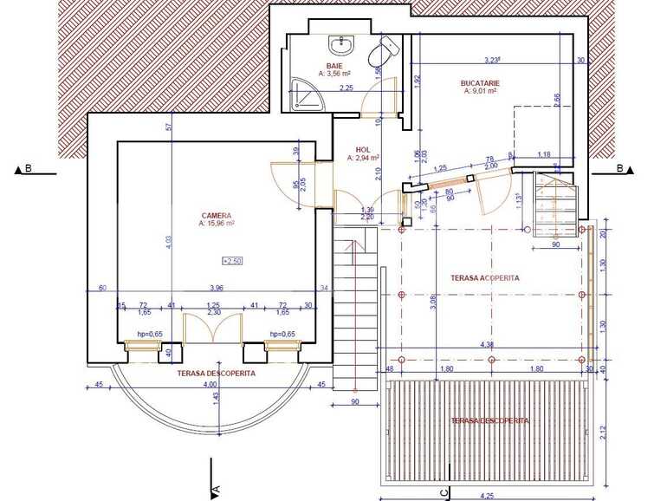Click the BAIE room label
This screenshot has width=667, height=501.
tap(333, 66)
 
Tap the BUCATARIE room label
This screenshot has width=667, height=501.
tap(481, 83)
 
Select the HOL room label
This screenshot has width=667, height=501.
tap(362, 149)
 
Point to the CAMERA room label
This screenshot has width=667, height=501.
tap(216, 215)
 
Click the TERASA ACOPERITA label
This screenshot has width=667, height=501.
tap(485, 278)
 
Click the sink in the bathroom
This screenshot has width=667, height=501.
tap(339, 44)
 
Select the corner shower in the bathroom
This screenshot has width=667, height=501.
tap(303, 92)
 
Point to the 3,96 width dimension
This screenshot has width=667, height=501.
tap(216, 288)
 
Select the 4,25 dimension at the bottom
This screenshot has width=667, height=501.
tap(488, 496)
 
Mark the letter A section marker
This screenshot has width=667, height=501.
tap(216, 491)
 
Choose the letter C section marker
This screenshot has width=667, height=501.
tap(444, 492)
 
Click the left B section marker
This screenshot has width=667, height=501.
tap(27, 169)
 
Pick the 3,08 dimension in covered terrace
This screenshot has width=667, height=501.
tap(432, 302)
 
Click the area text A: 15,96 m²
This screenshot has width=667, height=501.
tap(217, 223)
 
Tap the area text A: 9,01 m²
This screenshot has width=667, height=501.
tap(481, 91)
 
